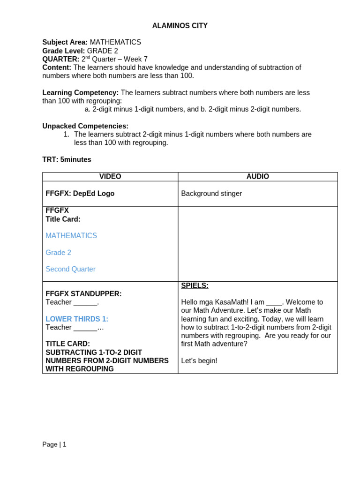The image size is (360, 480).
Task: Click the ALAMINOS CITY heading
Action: pyautogui.click(x=180, y=26)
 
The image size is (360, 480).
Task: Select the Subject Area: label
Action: pyautogui.click(x=65, y=42)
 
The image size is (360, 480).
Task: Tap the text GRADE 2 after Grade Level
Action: pyautogui.click(x=103, y=51)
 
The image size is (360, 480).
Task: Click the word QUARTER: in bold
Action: pyautogui.click(x=60, y=59)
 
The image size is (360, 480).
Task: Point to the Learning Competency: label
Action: pyautogui.click(x=80, y=93)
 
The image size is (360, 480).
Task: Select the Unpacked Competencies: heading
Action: pyautogui.click(x=85, y=126)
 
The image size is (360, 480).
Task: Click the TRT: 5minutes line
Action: pyautogui.click(x=67, y=159)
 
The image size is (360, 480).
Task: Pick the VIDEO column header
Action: pyautogui.click(x=110, y=177)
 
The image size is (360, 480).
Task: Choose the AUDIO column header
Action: pyautogui.click(x=257, y=177)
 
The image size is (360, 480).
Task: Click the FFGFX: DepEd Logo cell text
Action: pyautogui.click(x=80, y=194)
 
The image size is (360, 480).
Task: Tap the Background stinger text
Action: pyautogui.click(x=211, y=194)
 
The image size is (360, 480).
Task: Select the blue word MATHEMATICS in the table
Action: pyautogui.click(x=71, y=236)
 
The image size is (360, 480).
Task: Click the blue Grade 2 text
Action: pyautogui.click(x=59, y=253)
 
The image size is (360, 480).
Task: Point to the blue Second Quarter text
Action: pyautogui.click(x=70, y=269)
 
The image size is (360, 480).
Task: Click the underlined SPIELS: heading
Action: pyautogui.click(x=195, y=285)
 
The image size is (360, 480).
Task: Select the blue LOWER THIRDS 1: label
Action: pyautogui.click(x=77, y=319)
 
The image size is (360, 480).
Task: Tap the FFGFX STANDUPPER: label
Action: pyautogui.click(x=83, y=294)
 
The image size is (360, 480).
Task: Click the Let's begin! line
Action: pyautogui.click(x=199, y=361)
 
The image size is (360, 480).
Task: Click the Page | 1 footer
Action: pyautogui.click(x=54, y=444)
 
